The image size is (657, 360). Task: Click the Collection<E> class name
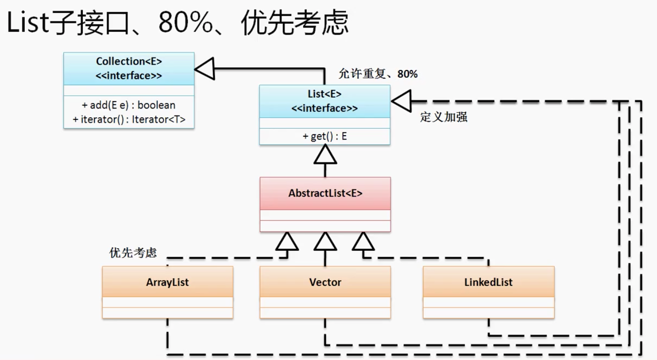coord(129,61)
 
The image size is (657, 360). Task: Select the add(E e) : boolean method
coord(129,105)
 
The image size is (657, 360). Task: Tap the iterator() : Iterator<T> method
coord(129,120)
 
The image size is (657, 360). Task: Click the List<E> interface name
coord(324,94)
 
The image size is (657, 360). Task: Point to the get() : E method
coord(324,137)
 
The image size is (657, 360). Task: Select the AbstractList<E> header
coord(325,193)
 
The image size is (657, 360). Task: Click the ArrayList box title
coord(167,282)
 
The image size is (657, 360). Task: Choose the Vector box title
coord(325,282)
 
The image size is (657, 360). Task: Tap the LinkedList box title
coord(488,282)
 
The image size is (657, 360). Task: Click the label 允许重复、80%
coord(378,74)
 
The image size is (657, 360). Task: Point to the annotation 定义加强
coord(444,117)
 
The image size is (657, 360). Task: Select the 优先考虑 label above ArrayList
coord(133,252)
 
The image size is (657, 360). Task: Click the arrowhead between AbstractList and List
coord(325,154)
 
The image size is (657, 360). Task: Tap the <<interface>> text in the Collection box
coord(129,76)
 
